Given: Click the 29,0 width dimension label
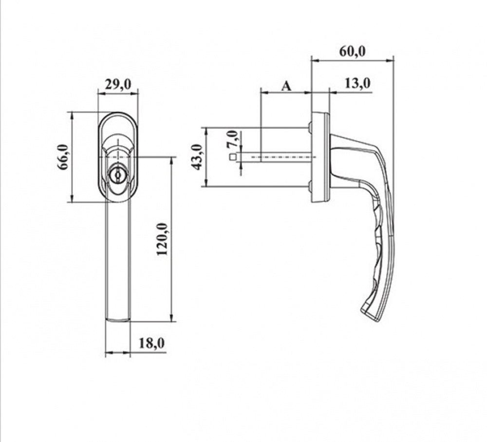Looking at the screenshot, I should (x=118, y=84).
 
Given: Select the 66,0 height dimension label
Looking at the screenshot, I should (x=62, y=157).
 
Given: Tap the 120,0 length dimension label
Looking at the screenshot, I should (x=163, y=240).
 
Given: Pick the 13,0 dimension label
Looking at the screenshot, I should (x=357, y=83).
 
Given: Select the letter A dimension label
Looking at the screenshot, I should (x=287, y=86).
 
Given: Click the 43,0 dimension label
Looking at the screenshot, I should (x=196, y=157).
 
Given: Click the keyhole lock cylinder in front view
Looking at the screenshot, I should (x=117, y=175).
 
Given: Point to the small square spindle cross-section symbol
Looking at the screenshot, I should (x=233, y=157).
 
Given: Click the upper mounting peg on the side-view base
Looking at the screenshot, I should (x=309, y=128).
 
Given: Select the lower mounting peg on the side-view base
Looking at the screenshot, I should (x=309, y=186).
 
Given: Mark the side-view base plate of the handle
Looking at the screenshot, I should (x=320, y=157).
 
